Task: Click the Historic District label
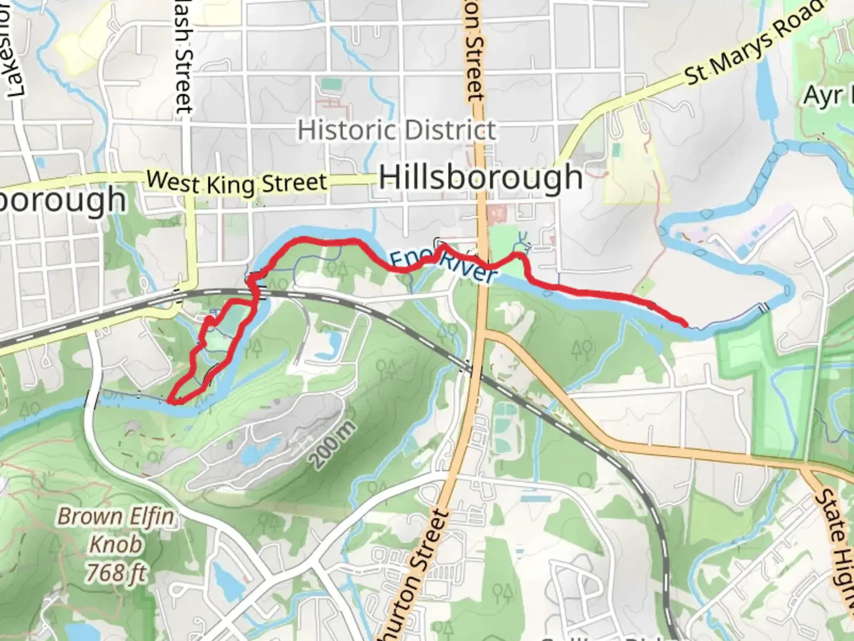click(x=396, y=130)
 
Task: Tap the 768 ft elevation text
click(x=116, y=573)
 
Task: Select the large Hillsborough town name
click(x=480, y=177)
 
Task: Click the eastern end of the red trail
click(x=685, y=324)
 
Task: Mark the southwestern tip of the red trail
click(x=171, y=402)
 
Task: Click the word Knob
click(x=116, y=544)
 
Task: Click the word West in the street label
click(x=173, y=180)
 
